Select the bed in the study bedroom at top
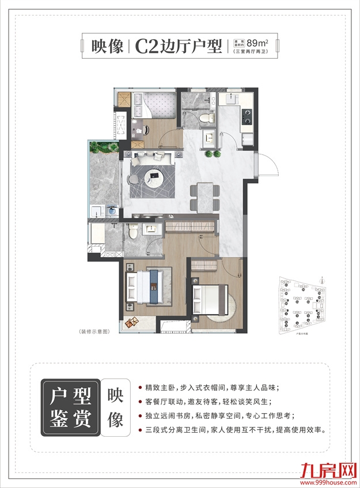pyautogui.click(x=156, y=107)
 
